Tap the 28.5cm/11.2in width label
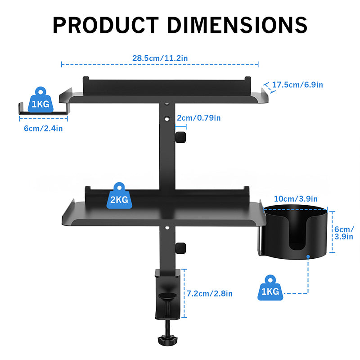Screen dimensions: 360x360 tap(160, 58)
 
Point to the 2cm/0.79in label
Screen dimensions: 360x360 tap(198, 118)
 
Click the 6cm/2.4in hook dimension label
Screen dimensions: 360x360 tap(43, 128)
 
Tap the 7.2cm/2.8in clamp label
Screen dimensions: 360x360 tap(210, 293)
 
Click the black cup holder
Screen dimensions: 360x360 tap(295, 234)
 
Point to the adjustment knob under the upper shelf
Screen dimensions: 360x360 tap(181, 137)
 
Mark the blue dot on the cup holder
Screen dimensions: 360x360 tap(308, 257)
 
